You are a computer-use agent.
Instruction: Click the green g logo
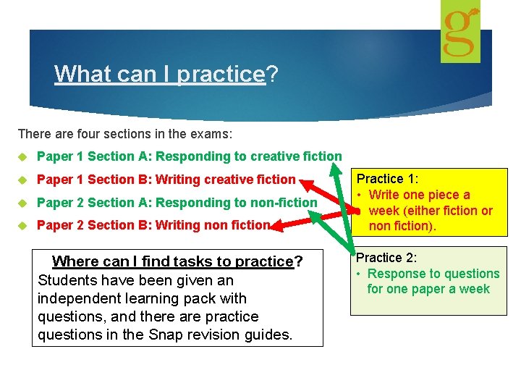tap(461, 31)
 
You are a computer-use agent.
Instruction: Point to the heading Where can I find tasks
tap(177, 261)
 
